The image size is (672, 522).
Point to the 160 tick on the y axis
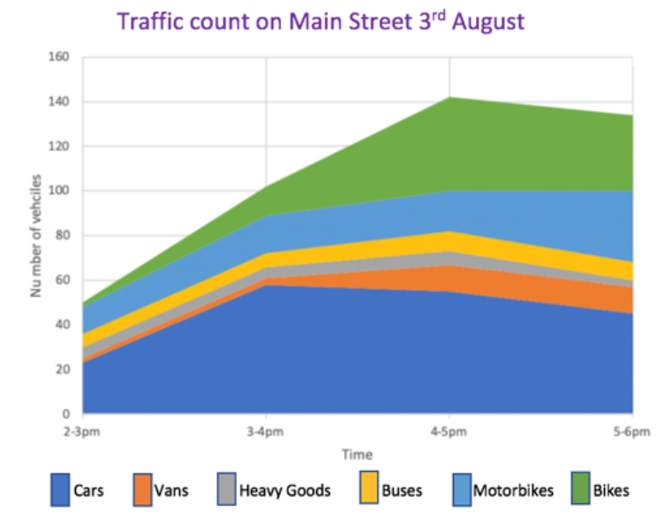[58, 57]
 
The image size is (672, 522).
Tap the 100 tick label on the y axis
[58, 191]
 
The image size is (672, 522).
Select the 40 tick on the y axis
[61, 324]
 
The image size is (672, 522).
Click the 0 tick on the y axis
[64, 413]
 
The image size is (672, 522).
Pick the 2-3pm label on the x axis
[83, 432]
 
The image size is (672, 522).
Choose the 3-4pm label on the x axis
[266, 432]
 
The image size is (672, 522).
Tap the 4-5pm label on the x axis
[449, 432]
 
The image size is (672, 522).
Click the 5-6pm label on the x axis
[631, 432]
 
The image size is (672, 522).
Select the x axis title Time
[358, 454]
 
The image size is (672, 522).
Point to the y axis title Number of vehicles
[37, 235]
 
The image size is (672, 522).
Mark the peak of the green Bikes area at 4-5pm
[449, 97]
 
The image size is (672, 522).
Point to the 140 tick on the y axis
[58, 102]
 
